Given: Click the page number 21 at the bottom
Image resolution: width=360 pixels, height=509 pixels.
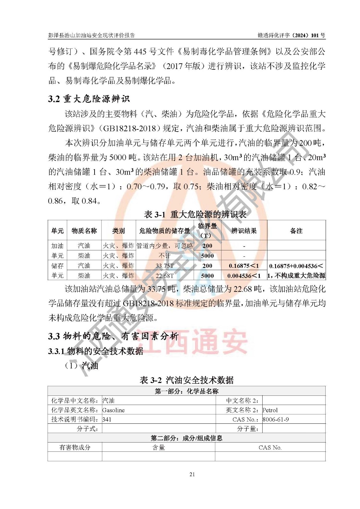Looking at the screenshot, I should tap(192, 474).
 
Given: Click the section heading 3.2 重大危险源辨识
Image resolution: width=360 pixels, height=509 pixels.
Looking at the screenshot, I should tap(89, 99).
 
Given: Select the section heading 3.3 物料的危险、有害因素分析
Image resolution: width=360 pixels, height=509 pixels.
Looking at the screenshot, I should tap(113, 336).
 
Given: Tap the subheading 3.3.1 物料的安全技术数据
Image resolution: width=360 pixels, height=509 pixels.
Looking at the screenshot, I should tap(96, 351).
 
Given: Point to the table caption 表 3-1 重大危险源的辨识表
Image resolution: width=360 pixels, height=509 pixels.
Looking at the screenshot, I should tap(195, 214).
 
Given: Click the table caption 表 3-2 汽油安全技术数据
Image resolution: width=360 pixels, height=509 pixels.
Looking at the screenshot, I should tap(187, 380).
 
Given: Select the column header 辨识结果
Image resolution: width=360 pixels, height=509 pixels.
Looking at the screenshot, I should tap(244, 231).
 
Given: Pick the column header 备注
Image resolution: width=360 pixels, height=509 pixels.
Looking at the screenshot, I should tap(296, 231).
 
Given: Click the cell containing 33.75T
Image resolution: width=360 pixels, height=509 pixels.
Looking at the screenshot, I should tap(165, 266).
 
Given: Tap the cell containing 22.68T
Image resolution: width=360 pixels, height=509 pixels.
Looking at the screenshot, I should tap(165, 276).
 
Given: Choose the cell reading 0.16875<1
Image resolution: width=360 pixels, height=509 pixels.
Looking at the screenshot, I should tap(244, 266).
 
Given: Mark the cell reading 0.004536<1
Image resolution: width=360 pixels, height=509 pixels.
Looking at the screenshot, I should tap(244, 276).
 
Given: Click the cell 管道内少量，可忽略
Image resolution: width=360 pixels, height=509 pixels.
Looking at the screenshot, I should tap(165, 246).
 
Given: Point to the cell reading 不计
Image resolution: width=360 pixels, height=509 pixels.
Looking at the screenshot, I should tap(165, 256).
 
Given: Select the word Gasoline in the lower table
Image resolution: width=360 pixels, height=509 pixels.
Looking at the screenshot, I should tap(114, 410).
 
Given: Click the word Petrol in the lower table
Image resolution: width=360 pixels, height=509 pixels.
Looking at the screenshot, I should tap(270, 410).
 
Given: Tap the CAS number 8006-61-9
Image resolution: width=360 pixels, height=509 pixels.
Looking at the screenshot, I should tap(276, 419).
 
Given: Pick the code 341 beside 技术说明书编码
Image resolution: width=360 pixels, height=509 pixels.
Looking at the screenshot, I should tap(107, 419).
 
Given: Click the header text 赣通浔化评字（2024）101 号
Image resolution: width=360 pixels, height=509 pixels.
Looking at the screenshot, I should tap(291, 35).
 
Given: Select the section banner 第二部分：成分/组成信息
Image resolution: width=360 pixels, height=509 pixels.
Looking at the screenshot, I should tap(187, 438).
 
